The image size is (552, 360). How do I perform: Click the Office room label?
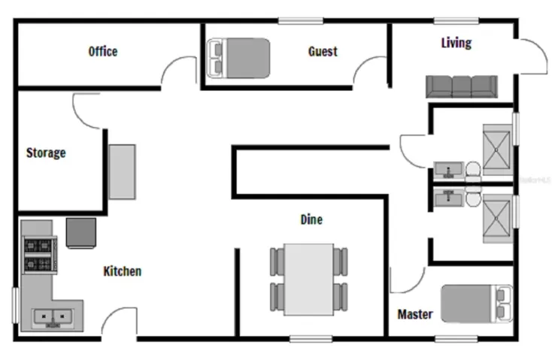tap(103, 51)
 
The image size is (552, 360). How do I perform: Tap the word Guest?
tap(323, 51)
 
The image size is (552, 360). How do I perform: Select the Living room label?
tap(456, 43)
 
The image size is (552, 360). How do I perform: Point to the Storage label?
tap(46, 153)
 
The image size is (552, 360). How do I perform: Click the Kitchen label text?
tap(123, 271)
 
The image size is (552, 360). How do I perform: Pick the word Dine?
tap(311, 219)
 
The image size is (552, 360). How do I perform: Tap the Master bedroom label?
tap(415, 314)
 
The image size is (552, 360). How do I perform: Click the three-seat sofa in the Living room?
tap(462, 86)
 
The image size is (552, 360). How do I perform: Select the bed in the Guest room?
tap(238, 58)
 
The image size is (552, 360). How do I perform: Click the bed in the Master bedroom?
tap(477, 304)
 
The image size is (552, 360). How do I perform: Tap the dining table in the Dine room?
tap(309, 280)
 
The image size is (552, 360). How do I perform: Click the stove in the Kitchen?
tap(40, 255)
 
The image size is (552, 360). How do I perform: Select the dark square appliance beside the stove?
tap(81, 233)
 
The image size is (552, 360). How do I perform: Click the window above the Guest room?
tap(301, 21)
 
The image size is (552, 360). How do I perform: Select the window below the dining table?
tap(311, 339)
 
